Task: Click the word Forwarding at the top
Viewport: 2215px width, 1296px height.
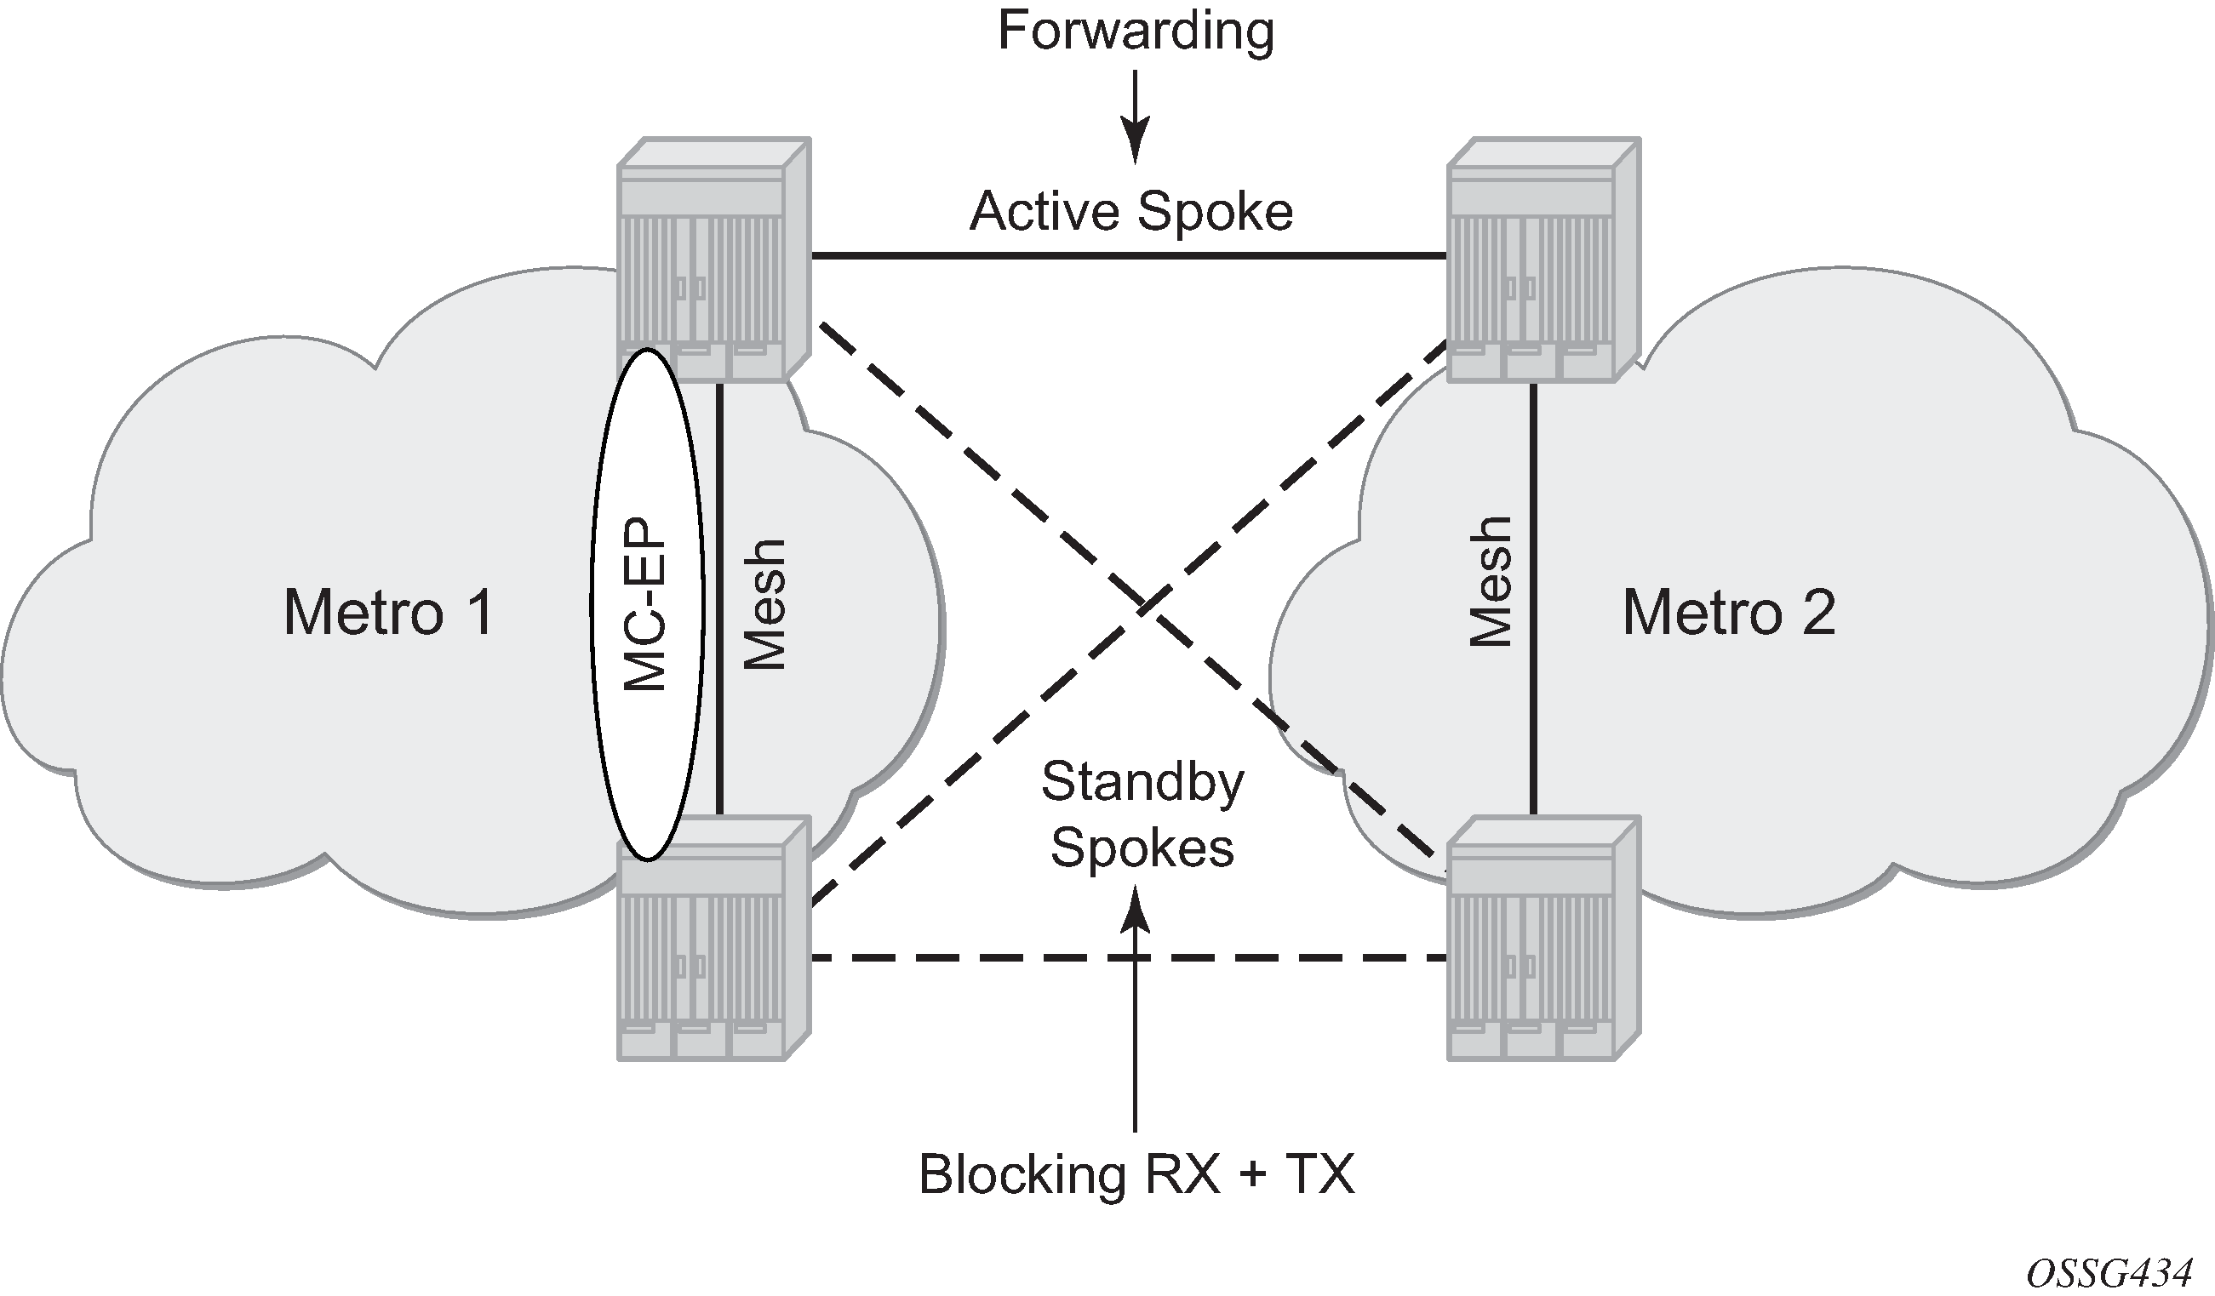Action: [1136, 31]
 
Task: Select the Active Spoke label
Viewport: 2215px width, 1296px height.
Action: [1131, 212]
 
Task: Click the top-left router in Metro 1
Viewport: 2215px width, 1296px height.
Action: [713, 260]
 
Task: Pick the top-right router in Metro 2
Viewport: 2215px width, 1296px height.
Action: [1543, 260]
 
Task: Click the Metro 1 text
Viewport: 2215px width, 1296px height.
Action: [387, 613]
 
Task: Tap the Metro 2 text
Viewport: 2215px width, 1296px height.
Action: [1728, 613]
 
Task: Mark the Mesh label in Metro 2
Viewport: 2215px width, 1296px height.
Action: [1491, 583]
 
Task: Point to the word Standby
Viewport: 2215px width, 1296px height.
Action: [1142, 782]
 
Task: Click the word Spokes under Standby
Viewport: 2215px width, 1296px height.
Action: [1142, 848]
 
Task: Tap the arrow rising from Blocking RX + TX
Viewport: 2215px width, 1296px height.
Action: [1136, 1010]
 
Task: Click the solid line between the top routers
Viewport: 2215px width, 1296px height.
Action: [1129, 255]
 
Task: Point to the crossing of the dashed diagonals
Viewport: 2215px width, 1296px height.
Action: [1145, 605]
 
